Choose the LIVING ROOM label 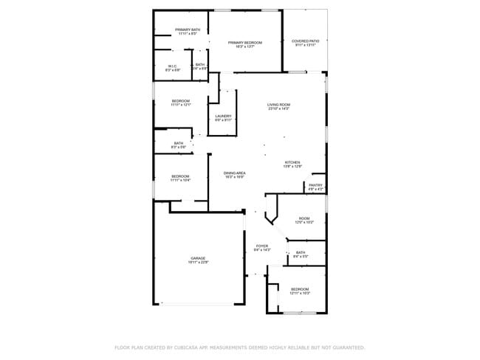pyautogui.click(x=278, y=105)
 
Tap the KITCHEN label pyautogui.click(x=292, y=162)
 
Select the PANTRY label pyautogui.click(x=315, y=185)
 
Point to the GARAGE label pyautogui.click(x=198, y=258)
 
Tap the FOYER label pyautogui.click(x=262, y=246)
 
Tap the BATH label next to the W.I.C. pyautogui.click(x=200, y=65)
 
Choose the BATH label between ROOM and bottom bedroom pyautogui.click(x=301, y=252)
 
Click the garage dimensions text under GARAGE pyautogui.click(x=198, y=263)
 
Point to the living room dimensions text pyautogui.click(x=278, y=109)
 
